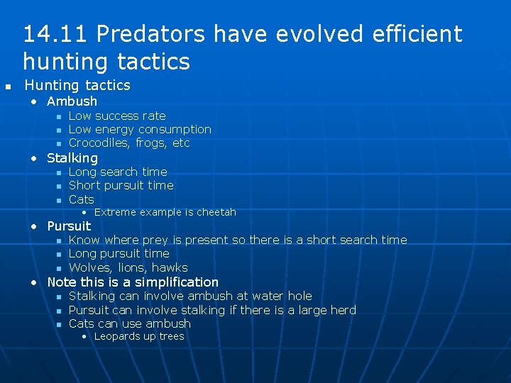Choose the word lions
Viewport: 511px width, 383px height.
click(x=132, y=268)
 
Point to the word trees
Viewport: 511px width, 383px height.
click(x=171, y=337)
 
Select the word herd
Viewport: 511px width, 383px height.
click(x=341, y=310)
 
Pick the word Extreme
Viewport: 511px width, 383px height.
click(x=116, y=213)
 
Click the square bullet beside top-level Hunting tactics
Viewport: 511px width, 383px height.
click(x=8, y=87)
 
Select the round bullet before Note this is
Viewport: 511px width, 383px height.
click(x=34, y=282)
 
